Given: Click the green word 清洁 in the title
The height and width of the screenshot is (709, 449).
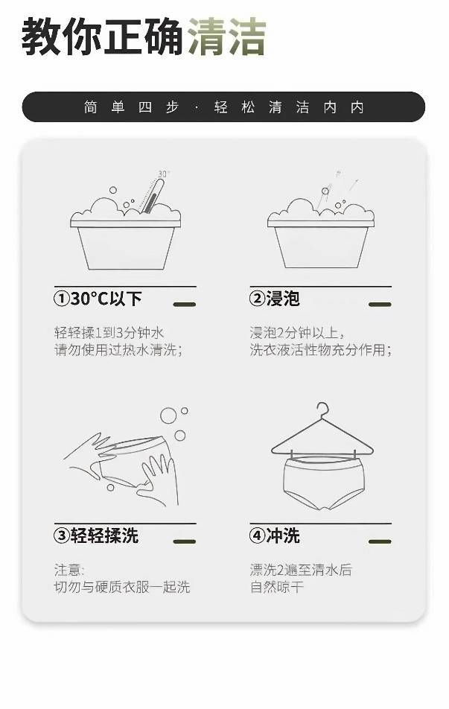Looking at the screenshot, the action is (226, 37).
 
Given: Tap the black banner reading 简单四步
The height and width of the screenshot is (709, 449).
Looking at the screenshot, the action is (223, 107).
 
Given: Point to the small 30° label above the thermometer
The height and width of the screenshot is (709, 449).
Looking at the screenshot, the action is (163, 174).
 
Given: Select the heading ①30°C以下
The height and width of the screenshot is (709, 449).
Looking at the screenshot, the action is (98, 299).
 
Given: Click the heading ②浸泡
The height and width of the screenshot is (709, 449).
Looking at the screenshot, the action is (275, 299).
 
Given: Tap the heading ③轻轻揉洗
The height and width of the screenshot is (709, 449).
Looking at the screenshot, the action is (96, 535).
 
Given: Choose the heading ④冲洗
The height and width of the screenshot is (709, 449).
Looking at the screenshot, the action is (275, 535).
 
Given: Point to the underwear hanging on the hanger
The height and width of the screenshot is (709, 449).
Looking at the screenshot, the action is (322, 483).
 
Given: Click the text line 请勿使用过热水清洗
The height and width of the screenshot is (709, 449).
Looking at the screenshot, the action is (118, 350).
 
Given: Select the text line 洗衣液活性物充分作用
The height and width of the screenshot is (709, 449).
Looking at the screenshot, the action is (321, 350).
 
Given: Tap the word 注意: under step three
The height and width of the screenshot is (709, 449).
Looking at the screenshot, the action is (69, 570).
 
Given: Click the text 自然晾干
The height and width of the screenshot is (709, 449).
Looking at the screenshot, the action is (277, 587).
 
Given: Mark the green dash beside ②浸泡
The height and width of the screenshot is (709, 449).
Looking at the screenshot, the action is (380, 305).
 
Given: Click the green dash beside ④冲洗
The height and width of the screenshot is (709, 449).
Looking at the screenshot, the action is (380, 541).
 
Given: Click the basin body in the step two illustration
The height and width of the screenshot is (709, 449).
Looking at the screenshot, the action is (321, 247).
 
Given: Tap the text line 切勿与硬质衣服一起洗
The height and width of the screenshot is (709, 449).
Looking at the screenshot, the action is (121, 587).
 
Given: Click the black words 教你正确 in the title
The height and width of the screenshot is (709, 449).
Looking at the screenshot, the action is (102, 37).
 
